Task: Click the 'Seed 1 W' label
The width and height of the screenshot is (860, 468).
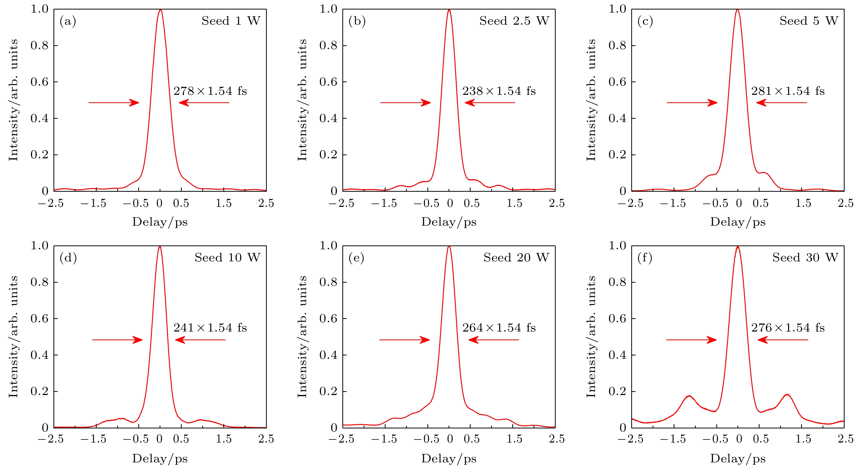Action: tap(230, 21)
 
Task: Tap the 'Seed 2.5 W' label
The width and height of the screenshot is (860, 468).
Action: tap(514, 21)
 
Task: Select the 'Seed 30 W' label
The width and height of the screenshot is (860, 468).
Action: tap(805, 258)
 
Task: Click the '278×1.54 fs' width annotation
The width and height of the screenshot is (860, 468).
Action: tap(210, 91)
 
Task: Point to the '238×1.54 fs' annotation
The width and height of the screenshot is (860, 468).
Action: tap(499, 91)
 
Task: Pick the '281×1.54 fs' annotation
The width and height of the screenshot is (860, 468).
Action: tap(788, 91)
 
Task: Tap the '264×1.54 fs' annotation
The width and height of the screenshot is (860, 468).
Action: tap(499, 328)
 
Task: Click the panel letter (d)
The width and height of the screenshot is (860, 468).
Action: tap(68, 258)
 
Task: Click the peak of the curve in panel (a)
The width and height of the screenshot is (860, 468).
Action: tap(160, 10)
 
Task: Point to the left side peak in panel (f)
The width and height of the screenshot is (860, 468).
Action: tap(689, 396)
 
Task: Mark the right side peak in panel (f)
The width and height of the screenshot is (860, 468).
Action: tap(787, 395)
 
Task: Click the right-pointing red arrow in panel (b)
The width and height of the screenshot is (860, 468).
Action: tap(406, 103)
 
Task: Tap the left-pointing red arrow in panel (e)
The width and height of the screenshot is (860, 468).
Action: tap(493, 340)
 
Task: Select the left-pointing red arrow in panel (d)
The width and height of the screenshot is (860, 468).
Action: tap(200, 340)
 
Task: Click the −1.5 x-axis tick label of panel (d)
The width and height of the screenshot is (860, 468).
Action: tap(94, 439)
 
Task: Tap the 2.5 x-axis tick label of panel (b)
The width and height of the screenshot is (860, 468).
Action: tap(556, 203)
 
